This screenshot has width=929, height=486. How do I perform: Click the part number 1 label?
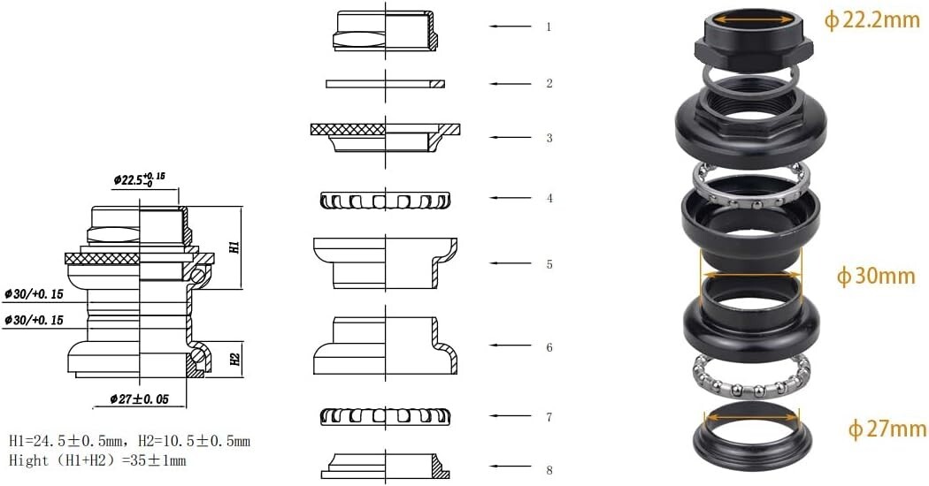(549, 27)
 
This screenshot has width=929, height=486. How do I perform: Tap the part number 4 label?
(549, 198)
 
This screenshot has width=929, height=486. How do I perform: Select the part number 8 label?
(549, 470)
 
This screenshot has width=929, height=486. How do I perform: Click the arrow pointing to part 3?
(511, 138)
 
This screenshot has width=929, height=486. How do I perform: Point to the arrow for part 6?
(511, 346)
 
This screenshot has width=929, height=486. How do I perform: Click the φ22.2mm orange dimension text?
(872, 20)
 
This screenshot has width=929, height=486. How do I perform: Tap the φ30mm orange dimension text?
(876, 276)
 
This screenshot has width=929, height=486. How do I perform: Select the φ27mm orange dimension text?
(887, 428)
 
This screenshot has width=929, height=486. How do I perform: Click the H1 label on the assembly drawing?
(234, 247)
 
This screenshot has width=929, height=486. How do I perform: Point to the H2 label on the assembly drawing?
(234, 359)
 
